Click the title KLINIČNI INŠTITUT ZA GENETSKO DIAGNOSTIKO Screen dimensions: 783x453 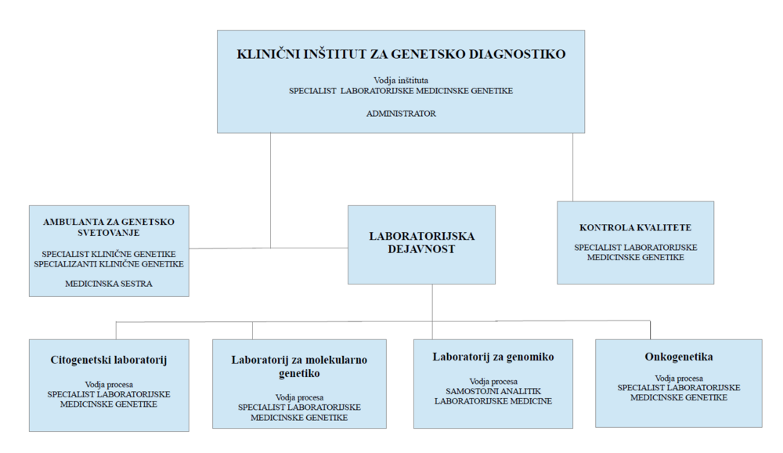pyautogui.click(x=401, y=54)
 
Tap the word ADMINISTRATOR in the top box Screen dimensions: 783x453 pyautogui.click(x=401, y=114)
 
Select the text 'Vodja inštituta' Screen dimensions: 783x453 pyautogui.click(x=401, y=80)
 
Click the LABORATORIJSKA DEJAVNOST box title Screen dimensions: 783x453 pyautogui.click(x=421, y=242)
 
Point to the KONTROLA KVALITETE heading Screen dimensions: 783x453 pyautogui.click(x=635, y=227)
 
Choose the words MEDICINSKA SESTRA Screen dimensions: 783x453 pyautogui.click(x=109, y=284)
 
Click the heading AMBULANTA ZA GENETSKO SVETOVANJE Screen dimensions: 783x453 pyautogui.click(x=109, y=227)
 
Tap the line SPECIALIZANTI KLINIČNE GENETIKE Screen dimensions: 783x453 pyautogui.click(x=109, y=264)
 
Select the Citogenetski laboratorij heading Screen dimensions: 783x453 pyautogui.click(x=109, y=360)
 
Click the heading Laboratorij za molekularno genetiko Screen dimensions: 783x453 pyautogui.click(x=299, y=367)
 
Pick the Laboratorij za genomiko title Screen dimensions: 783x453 pyautogui.click(x=493, y=357)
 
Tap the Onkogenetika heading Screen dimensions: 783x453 pyautogui.click(x=679, y=357)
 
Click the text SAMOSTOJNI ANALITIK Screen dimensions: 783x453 pyautogui.click(x=493, y=391)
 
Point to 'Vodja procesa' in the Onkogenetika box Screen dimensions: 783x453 pyautogui.click(x=679, y=379)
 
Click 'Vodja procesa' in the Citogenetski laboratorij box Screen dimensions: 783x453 pyautogui.click(x=109, y=385)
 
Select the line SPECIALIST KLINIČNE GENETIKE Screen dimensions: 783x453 pyautogui.click(x=109, y=254)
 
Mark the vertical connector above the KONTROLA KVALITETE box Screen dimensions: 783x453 pyautogui.click(x=573, y=167)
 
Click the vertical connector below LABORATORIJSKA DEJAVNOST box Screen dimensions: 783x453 pyautogui.click(x=432, y=312)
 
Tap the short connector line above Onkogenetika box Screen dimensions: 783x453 pyautogui.click(x=650, y=330)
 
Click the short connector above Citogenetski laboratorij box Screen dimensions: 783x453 pyautogui.click(x=116, y=331)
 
